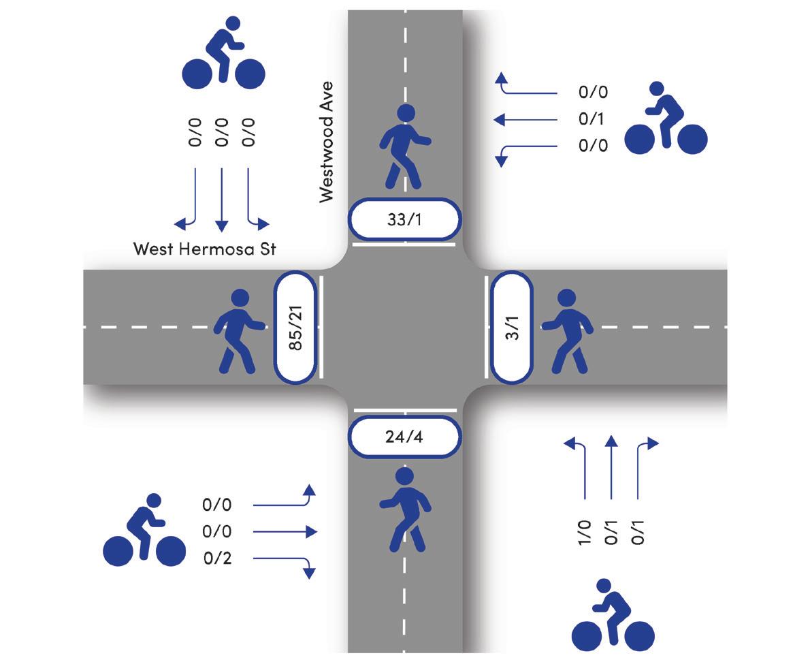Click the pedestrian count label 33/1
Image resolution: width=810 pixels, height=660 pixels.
[404, 219]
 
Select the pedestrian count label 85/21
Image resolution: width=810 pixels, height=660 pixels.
[295, 328]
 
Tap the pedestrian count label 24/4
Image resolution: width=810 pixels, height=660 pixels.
[404, 437]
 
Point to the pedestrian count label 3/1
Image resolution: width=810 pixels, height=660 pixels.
[513, 328]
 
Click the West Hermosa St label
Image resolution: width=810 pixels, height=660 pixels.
[204, 249]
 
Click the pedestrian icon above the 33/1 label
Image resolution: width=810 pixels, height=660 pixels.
[404, 146]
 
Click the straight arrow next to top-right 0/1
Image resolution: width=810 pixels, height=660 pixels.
[525, 120]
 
